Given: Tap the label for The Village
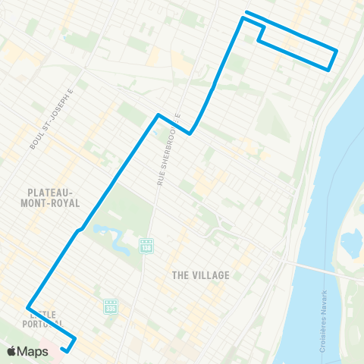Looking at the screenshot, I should (x=201, y=275).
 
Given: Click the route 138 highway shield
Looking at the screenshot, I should (x=146, y=245).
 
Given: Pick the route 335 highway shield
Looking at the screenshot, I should (x=111, y=306).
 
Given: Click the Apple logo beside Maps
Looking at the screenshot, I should (x=12, y=352).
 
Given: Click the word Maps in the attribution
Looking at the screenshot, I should (x=33, y=352).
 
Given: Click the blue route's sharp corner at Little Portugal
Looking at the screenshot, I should (x=29, y=307).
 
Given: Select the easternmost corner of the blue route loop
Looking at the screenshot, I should (x=336, y=51).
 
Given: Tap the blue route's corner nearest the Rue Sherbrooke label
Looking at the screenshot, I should (x=190, y=133).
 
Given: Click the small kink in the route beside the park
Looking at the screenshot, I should (x=79, y=227).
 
